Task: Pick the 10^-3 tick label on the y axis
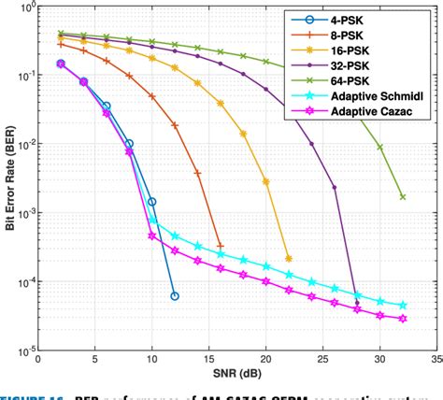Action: click(21, 213)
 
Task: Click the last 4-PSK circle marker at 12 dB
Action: click(174, 296)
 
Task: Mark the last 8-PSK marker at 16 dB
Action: click(220, 246)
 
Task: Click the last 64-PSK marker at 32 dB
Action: click(403, 197)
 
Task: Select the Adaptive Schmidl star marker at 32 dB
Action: click(403, 306)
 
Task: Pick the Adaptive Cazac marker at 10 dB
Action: click(151, 236)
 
